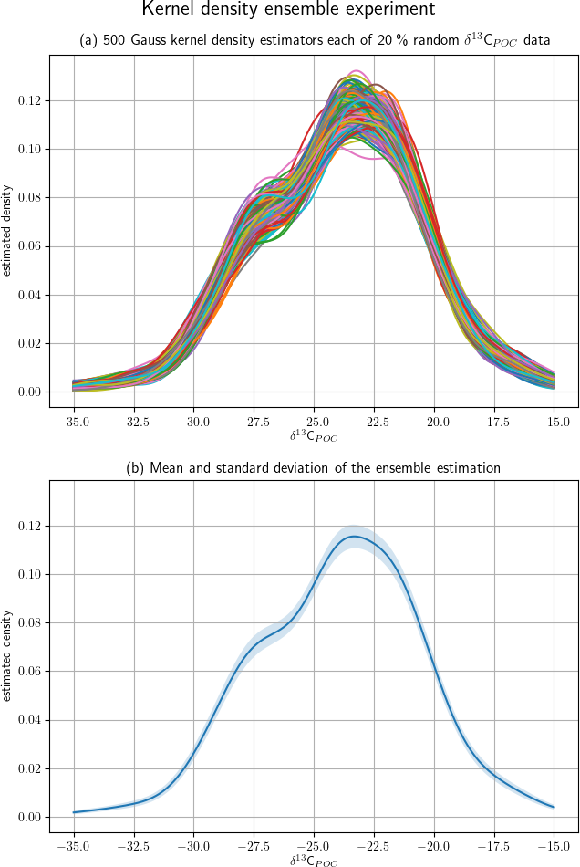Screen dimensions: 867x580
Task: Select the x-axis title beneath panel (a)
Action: tap(314, 436)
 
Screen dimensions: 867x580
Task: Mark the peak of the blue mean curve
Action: tap(354, 536)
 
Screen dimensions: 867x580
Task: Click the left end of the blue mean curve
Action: tap(74, 812)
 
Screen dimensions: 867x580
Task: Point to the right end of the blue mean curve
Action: tap(554, 807)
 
